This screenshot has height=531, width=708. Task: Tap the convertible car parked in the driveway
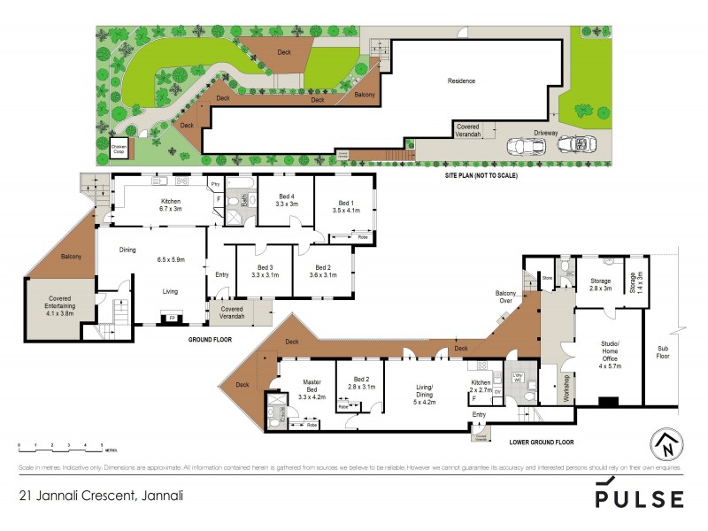pyautogui.click(x=580, y=143)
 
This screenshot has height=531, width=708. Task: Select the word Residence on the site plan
pyautogui.click(x=460, y=81)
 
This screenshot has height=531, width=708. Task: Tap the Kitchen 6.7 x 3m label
pyautogui.click(x=170, y=205)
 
